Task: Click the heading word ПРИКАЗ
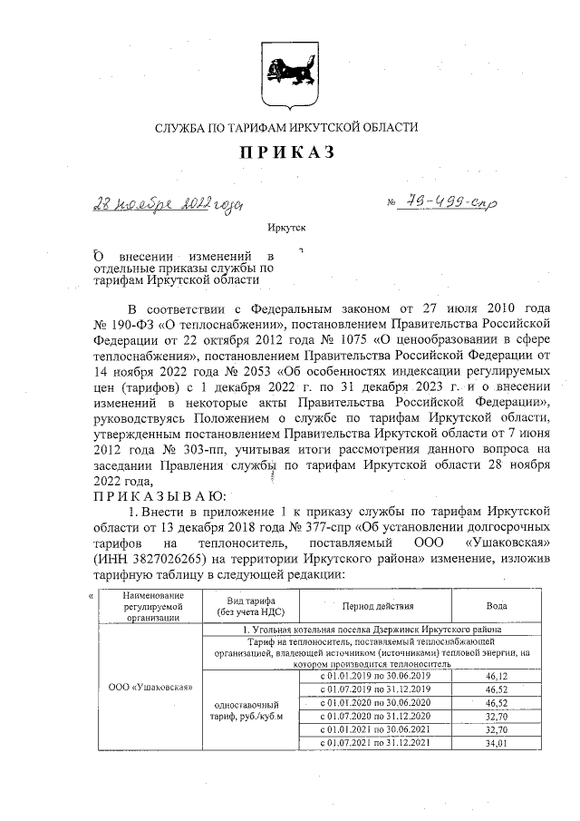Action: (x=287, y=152)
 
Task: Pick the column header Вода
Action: (x=498, y=605)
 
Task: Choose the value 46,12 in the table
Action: (x=498, y=676)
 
